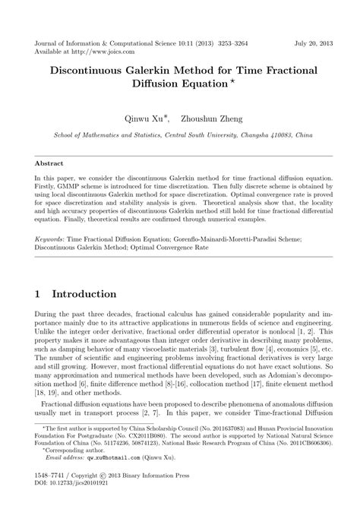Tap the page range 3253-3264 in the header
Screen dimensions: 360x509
coord(223,44)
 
